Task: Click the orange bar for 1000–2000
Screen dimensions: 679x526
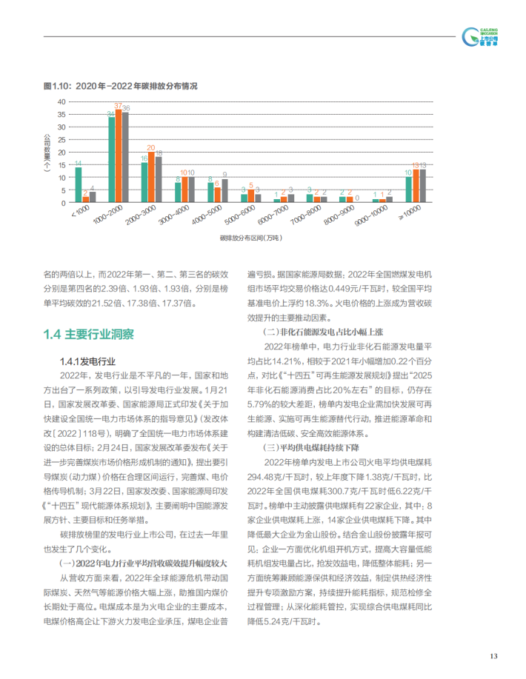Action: [x=119, y=156]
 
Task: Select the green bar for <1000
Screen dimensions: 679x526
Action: [x=78, y=184]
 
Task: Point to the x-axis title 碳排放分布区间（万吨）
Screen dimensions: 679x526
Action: [x=250, y=241]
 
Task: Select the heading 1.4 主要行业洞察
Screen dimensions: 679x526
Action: [x=88, y=335]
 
